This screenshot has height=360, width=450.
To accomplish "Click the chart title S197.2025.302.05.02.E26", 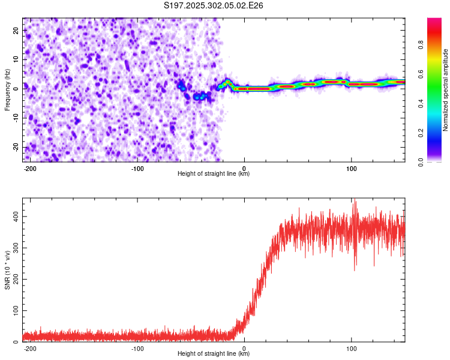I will click(214, 5).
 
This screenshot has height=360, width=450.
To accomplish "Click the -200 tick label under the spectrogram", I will click(29, 168).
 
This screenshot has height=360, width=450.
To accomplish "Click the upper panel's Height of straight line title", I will click(214, 174).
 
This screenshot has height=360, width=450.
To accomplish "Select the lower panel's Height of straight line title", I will click(214, 354).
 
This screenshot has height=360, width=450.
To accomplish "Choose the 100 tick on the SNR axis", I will click(14, 311).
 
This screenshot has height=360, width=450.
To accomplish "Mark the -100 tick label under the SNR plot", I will click(137, 348).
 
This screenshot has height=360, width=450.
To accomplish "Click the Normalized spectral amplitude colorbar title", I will click(446, 90).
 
